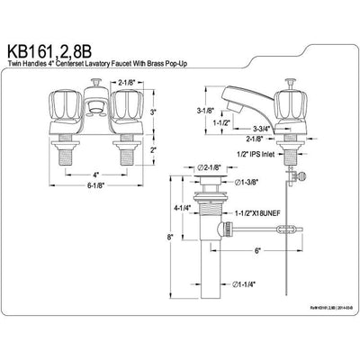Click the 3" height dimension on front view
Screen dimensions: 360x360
154,112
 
